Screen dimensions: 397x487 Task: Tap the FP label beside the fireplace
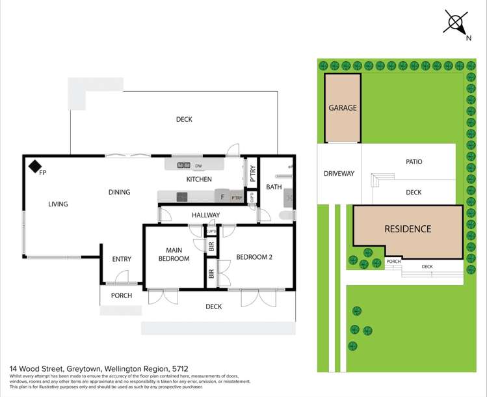click(43, 173)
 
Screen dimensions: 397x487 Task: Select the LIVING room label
click(58, 204)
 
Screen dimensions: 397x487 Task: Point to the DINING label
click(119, 192)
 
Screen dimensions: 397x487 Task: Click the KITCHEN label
click(199, 179)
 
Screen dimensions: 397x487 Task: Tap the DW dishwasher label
click(198, 166)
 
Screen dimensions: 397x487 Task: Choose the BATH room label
click(274, 187)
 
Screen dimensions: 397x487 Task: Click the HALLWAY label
click(205, 215)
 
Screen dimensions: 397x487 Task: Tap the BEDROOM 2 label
click(254, 257)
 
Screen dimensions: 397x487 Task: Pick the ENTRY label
click(122, 259)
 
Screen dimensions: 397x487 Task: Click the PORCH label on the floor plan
click(121, 295)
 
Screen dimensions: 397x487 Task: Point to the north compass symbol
click(456, 23)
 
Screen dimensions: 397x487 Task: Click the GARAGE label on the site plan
click(342, 108)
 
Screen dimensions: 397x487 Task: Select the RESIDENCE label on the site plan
click(408, 229)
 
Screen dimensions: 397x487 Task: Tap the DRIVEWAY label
click(339, 174)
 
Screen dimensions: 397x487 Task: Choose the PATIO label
click(414, 161)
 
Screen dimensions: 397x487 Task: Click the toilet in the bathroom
click(285, 215)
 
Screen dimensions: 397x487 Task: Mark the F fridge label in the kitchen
click(222, 197)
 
